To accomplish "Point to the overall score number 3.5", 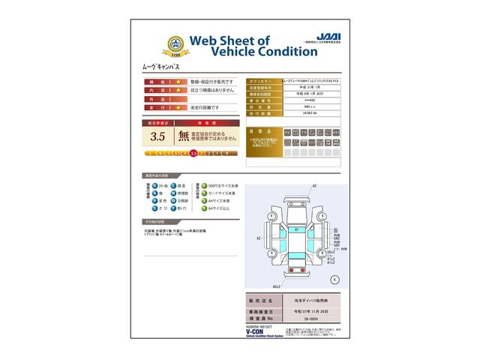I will (x=157, y=136).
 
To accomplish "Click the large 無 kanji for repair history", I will (x=184, y=136).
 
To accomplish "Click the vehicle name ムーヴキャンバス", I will (x=161, y=67).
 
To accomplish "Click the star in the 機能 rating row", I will (x=178, y=81).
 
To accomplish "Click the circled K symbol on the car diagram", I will (x=334, y=278).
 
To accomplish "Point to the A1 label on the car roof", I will (x=297, y=229).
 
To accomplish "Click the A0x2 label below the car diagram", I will (x=276, y=286).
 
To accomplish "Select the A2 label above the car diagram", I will (x=315, y=186).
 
